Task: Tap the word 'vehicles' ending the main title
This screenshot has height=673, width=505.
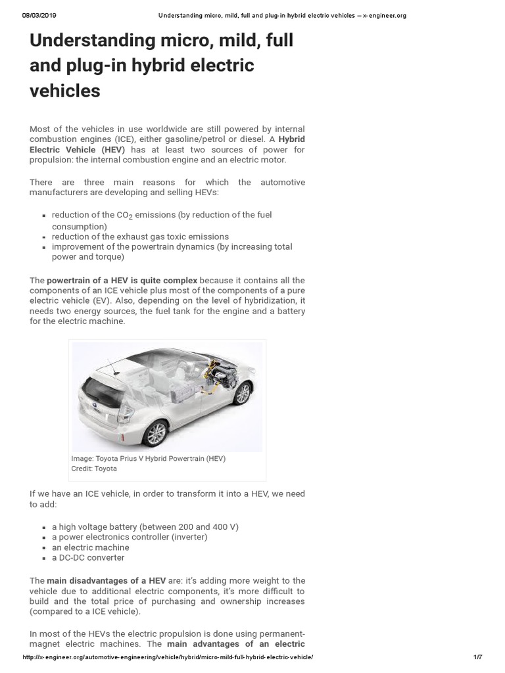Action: pyautogui.click(x=65, y=91)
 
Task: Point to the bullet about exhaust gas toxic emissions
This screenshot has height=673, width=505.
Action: pyautogui.click(x=140, y=236)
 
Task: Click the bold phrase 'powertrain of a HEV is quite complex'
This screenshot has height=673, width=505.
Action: pyautogui.click(x=122, y=280)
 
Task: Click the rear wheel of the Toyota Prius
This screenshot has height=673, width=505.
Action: pyautogui.click(x=155, y=433)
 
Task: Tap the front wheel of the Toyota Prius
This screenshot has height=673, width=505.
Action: pyautogui.click(x=242, y=393)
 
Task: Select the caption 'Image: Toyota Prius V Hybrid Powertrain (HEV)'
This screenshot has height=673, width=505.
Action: pyautogui.click(x=148, y=459)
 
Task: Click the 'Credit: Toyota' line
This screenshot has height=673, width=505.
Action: pyautogui.click(x=93, y=469)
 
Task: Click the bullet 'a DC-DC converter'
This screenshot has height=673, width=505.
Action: pyautogui.click(x=88, y=557)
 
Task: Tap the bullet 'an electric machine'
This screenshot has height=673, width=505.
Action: pyautogui.click(x=91, y=547)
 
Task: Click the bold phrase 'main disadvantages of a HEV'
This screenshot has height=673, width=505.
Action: pyautogui.click(x=106, y=581)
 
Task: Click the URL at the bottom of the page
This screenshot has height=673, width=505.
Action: pyautogui.click(x=168, y=658)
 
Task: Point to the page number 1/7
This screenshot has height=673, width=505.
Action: pyautogui.click(x=477, y=658)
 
